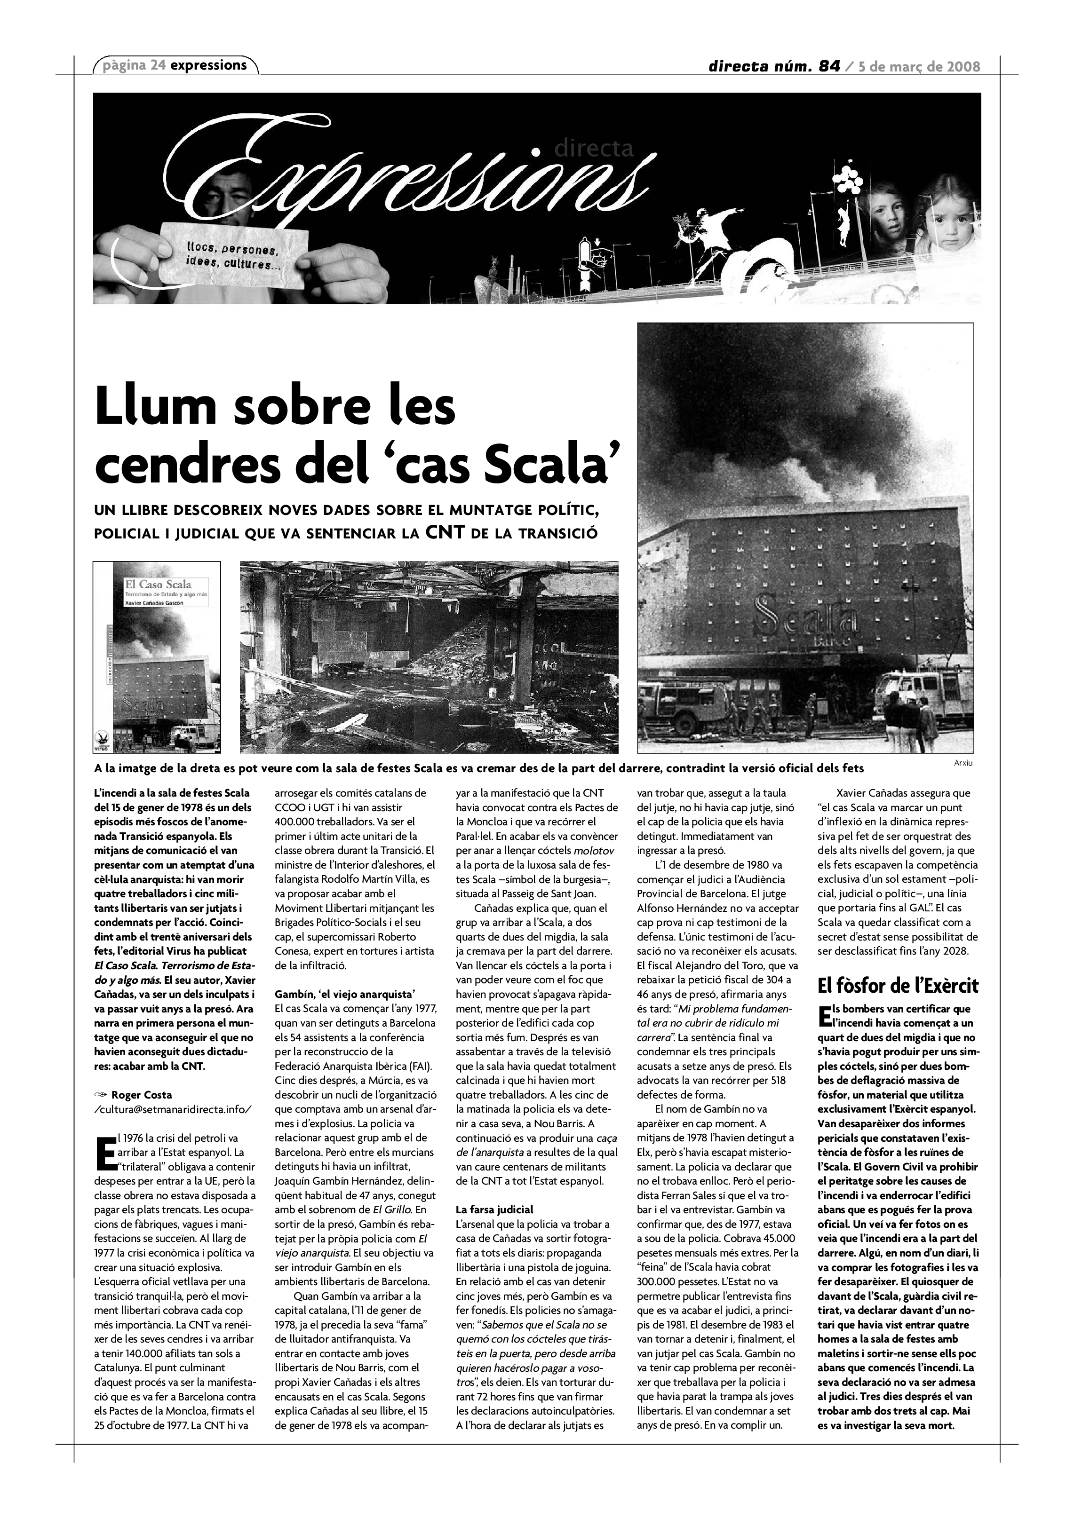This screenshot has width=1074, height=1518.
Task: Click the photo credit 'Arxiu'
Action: tap(963, 763)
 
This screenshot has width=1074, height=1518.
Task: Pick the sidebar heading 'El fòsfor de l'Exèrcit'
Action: tap(898, 987)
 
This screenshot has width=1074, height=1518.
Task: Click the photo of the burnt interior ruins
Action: tap(429, 656)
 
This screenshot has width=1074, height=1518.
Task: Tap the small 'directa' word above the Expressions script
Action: tap(593, 148)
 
